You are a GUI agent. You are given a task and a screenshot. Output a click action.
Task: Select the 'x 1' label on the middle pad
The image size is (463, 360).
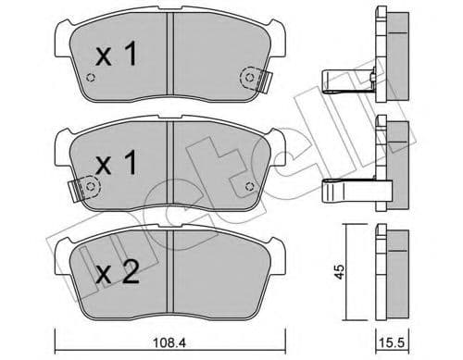[x=117, y=165]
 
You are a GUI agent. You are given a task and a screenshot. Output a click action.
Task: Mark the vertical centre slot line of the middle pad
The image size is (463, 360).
[x=167, y=167]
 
